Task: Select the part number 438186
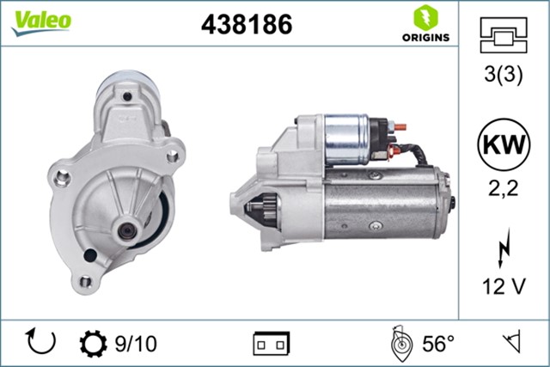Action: coord(247,26)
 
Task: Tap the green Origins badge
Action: coord(423,25)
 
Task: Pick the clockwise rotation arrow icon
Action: coord(41,343)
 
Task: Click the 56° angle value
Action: coord(437,344)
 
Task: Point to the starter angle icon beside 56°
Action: coord(399,344)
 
